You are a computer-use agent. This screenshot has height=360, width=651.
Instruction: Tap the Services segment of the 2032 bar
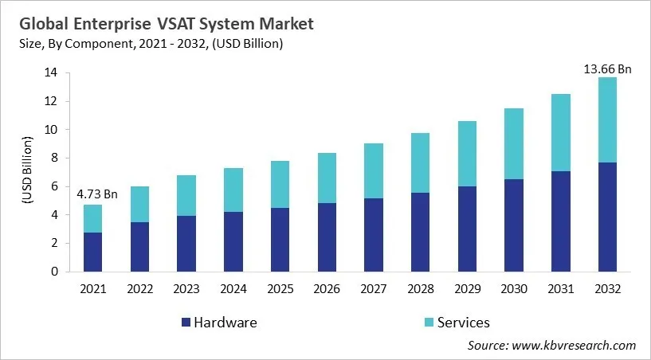pyautogui.click(x=607, y=119)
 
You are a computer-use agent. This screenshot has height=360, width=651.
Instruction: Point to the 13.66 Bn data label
pyautogui.click(x=607, y=69)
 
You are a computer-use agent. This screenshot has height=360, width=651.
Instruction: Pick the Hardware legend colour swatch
pyautogui.click(x=186, y=323)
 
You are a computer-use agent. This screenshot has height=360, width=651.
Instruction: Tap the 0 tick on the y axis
pyautogui.click(x=53, y=272)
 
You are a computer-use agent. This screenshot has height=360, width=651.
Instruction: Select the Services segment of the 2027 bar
pyautogui.click(x=374, y=170)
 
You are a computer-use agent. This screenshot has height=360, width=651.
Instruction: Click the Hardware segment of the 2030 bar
pyautogui.click(x=514, y=225)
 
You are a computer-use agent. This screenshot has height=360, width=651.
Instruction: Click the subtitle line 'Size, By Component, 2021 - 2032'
pyautogui.click(x=151, y=44)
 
